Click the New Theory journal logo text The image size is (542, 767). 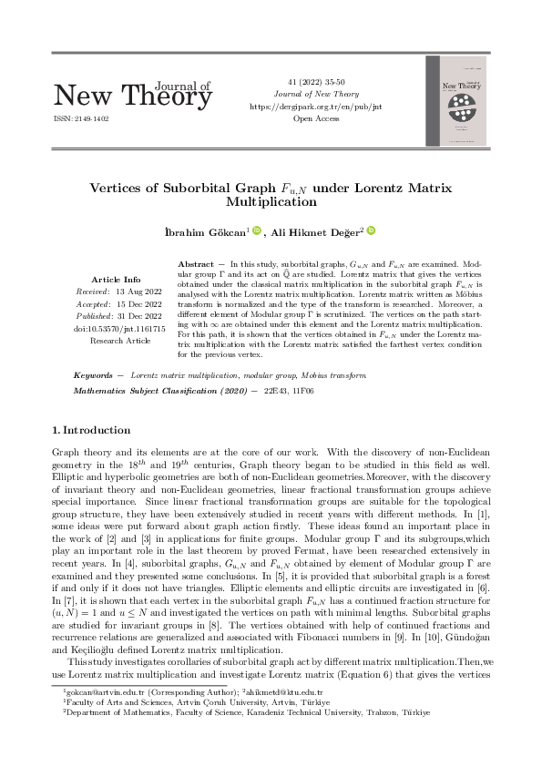click(133, 94)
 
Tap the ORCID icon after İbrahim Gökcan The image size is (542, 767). click(257, 230)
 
